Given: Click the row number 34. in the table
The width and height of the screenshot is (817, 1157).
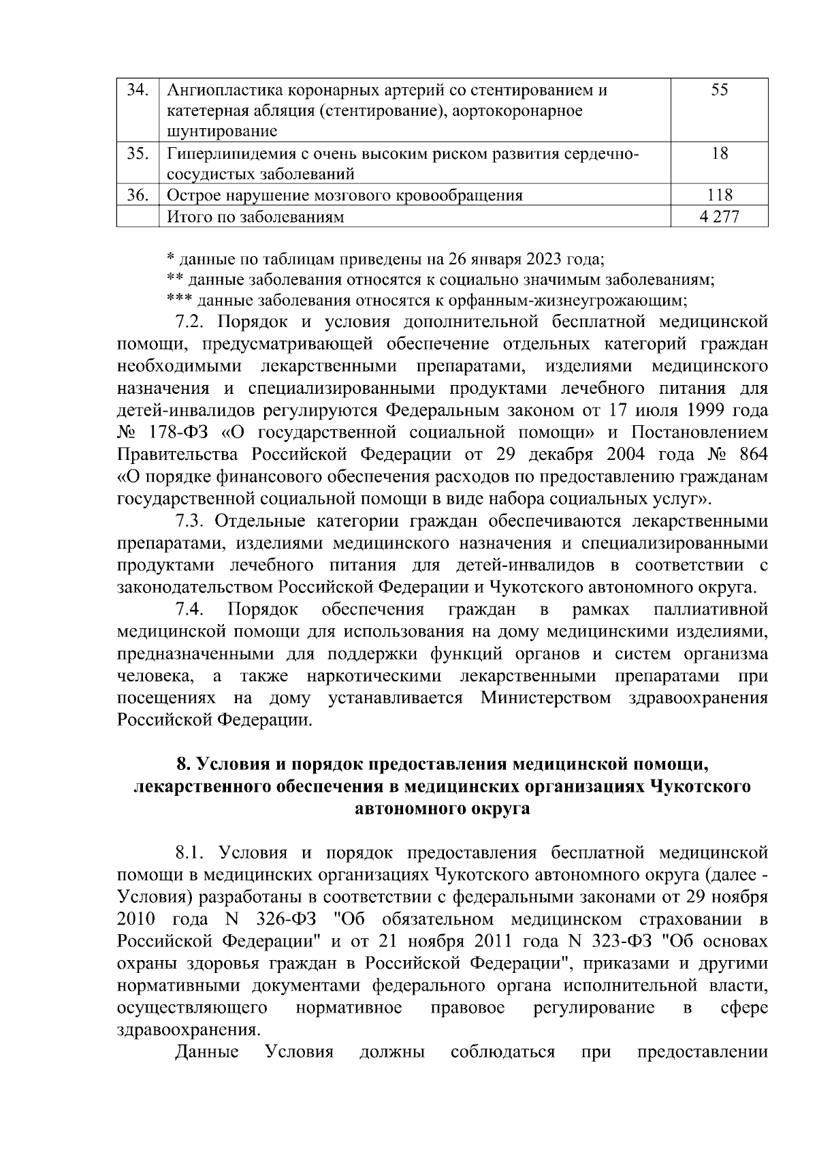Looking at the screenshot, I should [x=138, y=90].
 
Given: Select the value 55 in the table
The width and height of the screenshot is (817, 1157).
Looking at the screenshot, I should [x=720, y=90].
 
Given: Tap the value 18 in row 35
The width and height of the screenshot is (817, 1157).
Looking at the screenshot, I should [x=720, y=153].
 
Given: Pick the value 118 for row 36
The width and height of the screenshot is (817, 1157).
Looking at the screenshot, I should [x=720, y=196].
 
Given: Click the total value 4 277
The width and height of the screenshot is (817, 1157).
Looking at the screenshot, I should [x=720, y=217].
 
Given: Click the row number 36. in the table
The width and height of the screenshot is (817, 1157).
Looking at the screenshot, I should [x=138, y=196].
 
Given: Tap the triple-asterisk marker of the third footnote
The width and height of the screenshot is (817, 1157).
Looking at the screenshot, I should [x=180, y=299].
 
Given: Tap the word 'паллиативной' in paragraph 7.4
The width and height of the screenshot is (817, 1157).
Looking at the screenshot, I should [x=710, y=608].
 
